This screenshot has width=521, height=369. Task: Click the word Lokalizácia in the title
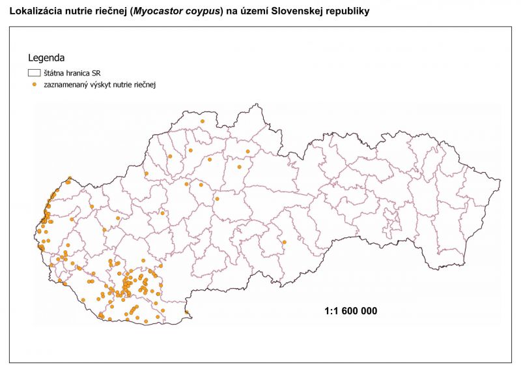[x=33, y=11]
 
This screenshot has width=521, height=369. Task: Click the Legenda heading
[x=46, y=59]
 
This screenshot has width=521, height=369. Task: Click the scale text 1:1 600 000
[x=350, y=311]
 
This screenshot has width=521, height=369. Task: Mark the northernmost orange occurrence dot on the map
[x=203, y=121]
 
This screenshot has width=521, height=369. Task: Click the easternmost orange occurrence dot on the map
[x=285, y=243]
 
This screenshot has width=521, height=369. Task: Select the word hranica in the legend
[x=77, y=74]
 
